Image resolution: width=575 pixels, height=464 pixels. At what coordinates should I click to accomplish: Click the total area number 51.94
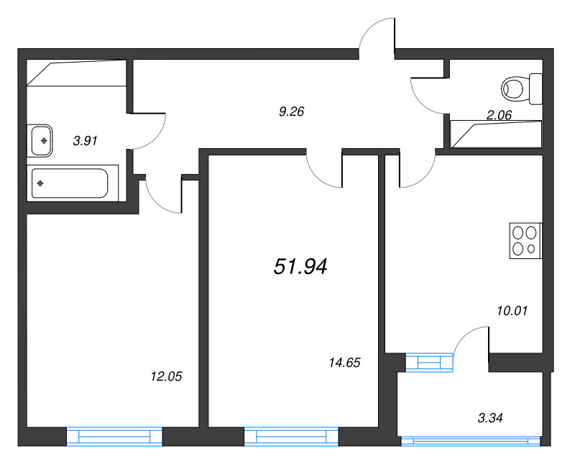[300, 266]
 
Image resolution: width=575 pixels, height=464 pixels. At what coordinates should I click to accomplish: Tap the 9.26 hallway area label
[292, 112]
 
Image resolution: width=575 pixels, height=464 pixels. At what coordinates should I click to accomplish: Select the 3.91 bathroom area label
[85, 140]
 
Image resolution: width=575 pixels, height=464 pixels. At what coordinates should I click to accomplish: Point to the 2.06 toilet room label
[499, 115]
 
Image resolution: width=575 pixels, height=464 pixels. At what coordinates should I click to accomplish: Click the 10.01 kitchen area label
[512, 311]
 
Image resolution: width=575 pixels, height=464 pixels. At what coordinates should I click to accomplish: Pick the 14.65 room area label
[345, 363]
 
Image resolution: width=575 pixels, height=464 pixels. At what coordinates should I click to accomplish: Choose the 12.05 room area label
[166, 376]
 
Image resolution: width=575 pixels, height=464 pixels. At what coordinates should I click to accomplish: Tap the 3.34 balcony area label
[490, 418]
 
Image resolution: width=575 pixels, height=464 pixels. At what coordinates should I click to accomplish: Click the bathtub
[70, 183]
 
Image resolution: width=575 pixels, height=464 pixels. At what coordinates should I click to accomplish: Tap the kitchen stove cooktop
[525, 241]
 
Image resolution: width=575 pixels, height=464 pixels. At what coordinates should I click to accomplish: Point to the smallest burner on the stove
[531, 249]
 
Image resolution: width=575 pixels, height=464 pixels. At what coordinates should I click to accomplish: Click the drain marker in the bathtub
[40, 183]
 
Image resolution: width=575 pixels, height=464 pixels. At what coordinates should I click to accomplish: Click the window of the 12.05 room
[114, 437]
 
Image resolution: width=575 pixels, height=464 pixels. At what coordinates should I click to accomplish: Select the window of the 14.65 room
[292, 437]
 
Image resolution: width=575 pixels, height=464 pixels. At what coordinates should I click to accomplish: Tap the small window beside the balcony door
[429, 363]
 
